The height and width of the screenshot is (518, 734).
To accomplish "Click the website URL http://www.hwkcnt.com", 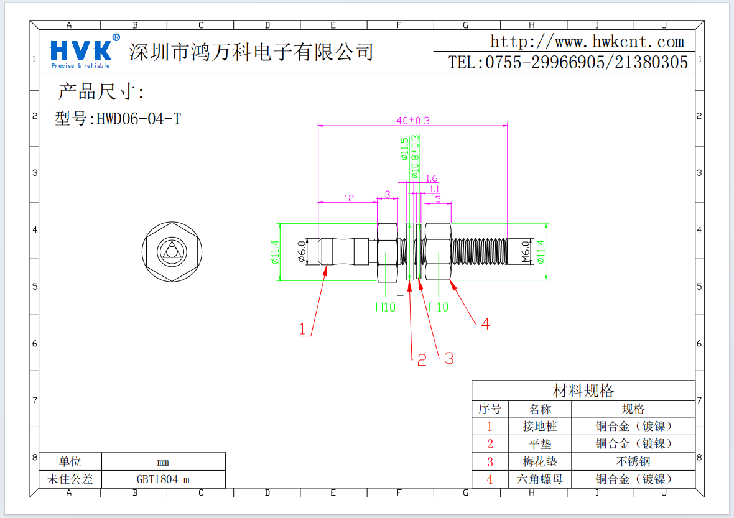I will pos(587,42).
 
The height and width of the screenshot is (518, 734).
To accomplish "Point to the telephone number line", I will pos(568,62).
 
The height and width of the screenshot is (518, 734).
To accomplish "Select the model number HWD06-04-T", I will pos(118,119).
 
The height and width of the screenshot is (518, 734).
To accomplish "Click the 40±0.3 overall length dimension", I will pos(412,120).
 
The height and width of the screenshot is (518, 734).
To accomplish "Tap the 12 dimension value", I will pos(349,198).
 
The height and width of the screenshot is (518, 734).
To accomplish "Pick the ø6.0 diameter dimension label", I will pos(302,252).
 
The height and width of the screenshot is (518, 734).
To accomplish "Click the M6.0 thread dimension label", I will pos(524,252).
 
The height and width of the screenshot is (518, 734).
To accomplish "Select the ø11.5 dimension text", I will pos(405,150).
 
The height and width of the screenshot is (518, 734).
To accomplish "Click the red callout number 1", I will pos(303,329).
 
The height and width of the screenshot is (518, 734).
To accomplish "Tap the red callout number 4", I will pos(485,324).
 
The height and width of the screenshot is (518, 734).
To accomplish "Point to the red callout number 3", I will pos(448,358).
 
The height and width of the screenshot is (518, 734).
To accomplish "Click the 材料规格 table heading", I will pos(583,391).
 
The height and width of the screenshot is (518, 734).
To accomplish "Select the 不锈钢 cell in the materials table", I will pos(633,461).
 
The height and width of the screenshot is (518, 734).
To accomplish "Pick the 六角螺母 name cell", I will pos(539,479).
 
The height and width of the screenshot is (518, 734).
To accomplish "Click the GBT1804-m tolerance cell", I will pos(163,479).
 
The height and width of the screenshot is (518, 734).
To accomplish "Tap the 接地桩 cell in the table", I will pos(539,427).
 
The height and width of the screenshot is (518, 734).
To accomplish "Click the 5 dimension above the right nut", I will pos(438,199).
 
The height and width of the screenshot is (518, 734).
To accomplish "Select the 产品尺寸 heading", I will pos(101,92).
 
